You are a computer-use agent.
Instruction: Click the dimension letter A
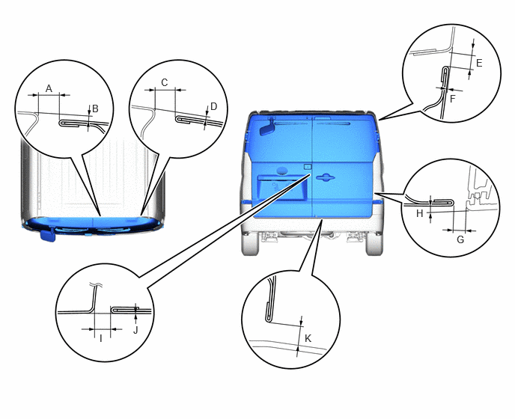49,88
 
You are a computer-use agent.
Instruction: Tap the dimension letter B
95,108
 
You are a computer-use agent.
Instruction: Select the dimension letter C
165,82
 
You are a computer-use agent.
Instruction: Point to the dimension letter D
214,106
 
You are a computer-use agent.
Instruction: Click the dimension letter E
479,63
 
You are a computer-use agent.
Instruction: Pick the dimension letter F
453,99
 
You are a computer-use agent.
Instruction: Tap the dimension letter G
460,239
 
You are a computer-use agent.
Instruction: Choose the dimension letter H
420,214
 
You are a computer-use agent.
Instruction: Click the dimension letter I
101,338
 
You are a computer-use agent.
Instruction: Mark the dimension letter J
135,330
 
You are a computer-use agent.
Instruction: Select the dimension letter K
308,338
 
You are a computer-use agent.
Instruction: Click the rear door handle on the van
326,177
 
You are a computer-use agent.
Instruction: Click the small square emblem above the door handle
307,166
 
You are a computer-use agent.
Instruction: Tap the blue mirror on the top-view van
48,235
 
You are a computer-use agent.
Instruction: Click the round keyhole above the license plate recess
281,171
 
